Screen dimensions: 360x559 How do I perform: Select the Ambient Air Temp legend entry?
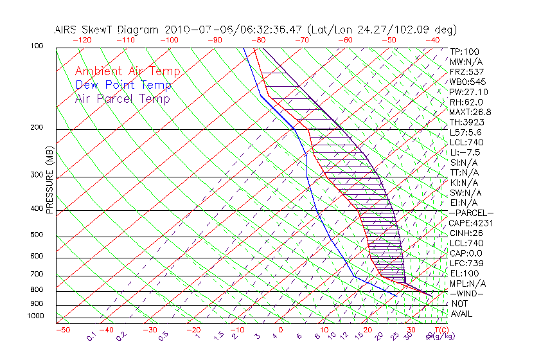pyautogui.click(x=127, y=71)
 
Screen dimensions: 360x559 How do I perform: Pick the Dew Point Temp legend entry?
pyautogui.click(x=123, y=85)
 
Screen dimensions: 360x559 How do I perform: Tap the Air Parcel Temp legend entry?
pyautogui.click(x=122, y=98)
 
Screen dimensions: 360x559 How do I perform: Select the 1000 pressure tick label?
pyautogui.click(x=36, y=316)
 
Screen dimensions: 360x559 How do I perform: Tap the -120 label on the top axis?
pyautogui.click(x=82, y=40)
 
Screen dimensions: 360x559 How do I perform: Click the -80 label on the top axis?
pyautogui.click(x=260, y=40)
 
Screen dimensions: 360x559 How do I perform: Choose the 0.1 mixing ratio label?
pyautogui.click(x=92, y=336)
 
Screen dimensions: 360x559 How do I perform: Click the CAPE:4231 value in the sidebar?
pyautogui.click(x=472, y=223)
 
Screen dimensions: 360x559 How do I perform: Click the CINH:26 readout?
pyautogui.click(x=467, y=233)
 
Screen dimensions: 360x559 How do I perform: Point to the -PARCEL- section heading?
pyautogui.click(x=472, y=213)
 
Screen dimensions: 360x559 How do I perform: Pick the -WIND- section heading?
pyautogui.click(x=468, y=293)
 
